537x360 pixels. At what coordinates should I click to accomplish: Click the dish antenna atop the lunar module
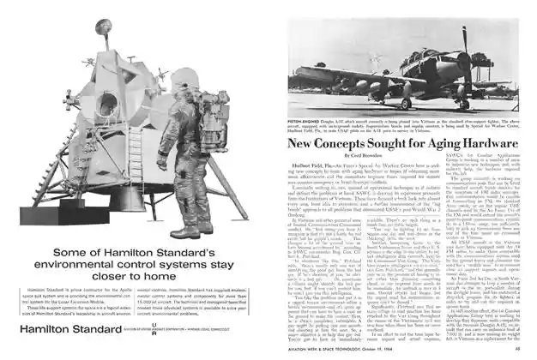click(103, 28)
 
